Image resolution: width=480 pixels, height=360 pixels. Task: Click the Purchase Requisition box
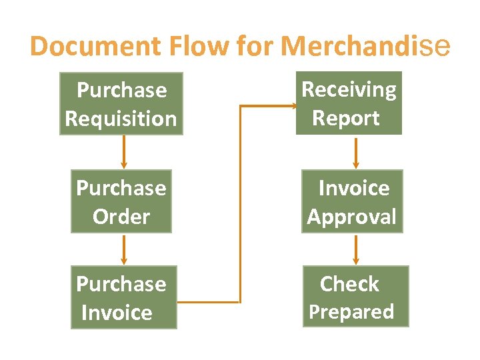[121, 104]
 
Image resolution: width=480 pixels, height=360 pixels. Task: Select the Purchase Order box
[121, 203]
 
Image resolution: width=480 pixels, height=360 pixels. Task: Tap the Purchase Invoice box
[124, 297]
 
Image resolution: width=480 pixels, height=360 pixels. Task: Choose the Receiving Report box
[349, 103]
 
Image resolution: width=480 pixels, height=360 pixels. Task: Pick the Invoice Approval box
[352, 202]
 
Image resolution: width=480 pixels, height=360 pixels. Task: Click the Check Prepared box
[355, 297]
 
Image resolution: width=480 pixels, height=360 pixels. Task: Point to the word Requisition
[121, 119]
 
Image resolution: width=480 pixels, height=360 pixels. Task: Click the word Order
[121, 217]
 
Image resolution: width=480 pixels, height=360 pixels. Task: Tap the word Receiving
[349, 89]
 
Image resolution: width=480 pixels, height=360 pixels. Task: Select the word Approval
[352, 217]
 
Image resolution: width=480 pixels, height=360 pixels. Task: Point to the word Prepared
[352, 311]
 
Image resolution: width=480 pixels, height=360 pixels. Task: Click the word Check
[349, 284]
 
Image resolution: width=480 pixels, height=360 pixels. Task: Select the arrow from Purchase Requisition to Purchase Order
[123, 152]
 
